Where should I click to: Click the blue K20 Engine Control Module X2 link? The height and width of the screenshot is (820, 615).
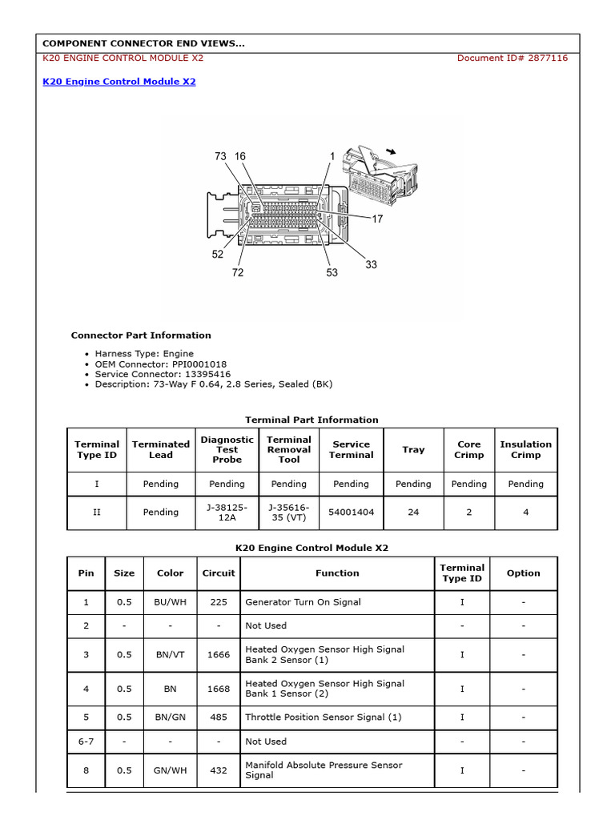[119, 82]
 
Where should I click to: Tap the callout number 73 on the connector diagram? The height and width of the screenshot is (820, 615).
[221, 157]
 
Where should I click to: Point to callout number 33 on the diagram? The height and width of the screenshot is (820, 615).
[371, 265]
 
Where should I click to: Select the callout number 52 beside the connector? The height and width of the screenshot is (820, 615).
[218, 255]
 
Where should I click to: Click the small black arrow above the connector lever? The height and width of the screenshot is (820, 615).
[391, 151]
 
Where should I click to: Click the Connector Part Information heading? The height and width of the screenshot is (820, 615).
[141, 336]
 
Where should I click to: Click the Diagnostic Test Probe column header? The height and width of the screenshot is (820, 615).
[227, 449]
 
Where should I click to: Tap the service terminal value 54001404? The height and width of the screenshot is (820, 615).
[351, 512]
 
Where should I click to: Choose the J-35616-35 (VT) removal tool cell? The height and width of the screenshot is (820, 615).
[288, 512]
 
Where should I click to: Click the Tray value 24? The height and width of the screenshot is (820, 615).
[413, 512]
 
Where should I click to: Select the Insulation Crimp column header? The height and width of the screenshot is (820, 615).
[525, 449]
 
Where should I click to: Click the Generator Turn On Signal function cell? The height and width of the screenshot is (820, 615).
[303, 602]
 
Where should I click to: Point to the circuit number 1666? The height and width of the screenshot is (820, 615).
[219, 654]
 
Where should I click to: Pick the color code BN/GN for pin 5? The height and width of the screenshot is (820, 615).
[170, 717]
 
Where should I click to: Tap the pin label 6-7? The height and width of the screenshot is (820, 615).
[86, 742]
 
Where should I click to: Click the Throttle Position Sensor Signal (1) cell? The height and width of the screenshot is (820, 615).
[324, 717]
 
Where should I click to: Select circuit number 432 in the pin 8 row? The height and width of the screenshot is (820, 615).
[219, 770]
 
